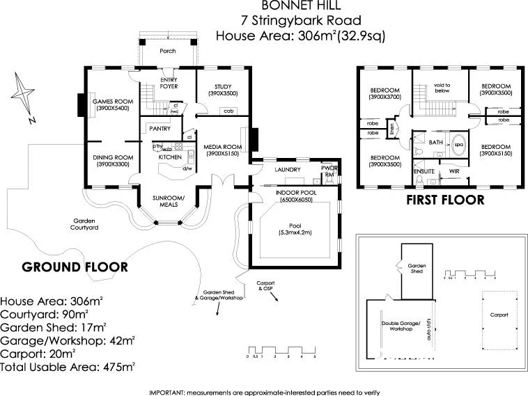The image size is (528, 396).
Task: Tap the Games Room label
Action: (113, 105)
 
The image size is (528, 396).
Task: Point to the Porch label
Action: (167, 52)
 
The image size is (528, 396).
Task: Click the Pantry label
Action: (160, 129)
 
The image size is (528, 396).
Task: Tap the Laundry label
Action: (287, 169)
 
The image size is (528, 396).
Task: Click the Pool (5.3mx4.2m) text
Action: (295, 230)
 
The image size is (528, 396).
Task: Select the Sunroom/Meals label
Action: (169, 201)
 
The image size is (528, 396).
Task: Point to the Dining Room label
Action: (113, 161)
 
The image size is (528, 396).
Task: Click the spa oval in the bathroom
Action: (458, 145)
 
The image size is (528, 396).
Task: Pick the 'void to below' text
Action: (442, 88)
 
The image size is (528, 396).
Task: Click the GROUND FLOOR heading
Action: (75, 267)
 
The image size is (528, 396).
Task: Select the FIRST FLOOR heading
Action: (444, 200)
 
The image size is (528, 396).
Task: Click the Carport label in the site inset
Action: (499, 315)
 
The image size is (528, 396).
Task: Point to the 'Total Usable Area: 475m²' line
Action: (68, 365)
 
